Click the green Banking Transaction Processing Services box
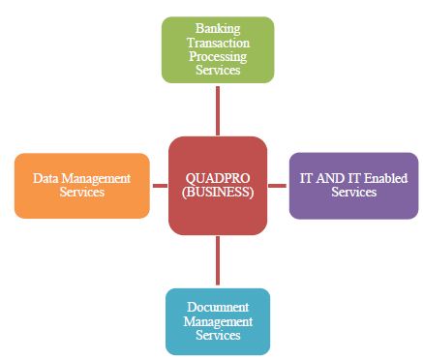[x=217, y=50]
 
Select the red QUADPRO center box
[x=217, y=185]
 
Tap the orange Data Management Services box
[x=82, y=185]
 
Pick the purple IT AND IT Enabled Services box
[x=353, y=185]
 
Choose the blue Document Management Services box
[x=217, y=321]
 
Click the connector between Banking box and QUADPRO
[x=217, y=110]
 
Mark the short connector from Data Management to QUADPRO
[x=159, y=185]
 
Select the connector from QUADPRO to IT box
[x=277, y=185]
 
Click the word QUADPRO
[x=218, y=178]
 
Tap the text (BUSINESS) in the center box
[x=218, y=192]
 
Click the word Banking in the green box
[x=217, y=30]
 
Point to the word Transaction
[x=217, y=44]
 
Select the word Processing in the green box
[x=217, y=57]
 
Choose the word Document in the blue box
[x=217, y=307]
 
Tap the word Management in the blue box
[x=217, y=321]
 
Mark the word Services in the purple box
[x=353, y=192]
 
